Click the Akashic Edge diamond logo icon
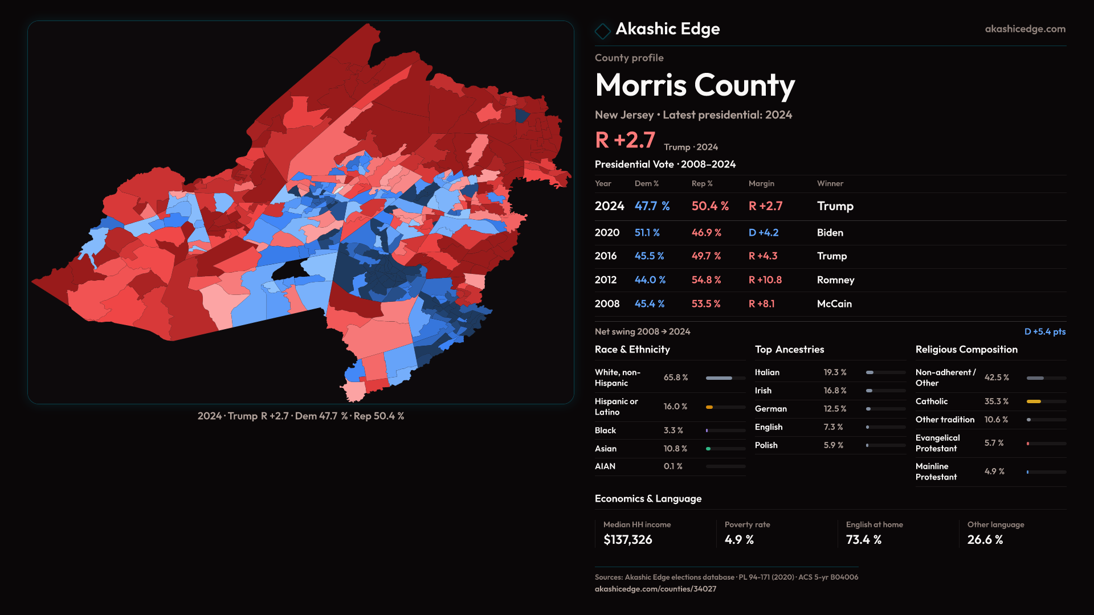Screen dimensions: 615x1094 pyautogui.click(x=602, y=30)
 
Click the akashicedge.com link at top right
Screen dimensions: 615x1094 pyautogui.click(x=1024, y=29)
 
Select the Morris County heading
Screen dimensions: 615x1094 pyautogui.click(x=695, y=85)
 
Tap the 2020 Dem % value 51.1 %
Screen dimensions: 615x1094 pyautogui.click(x=647, y=233)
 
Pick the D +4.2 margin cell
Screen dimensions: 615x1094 pyautogui.click(x=763, y=233)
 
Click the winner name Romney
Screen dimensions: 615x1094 pyautogui.click(x=835, y=280)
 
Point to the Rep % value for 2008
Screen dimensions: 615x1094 pyautogui.click(x=705, y=304)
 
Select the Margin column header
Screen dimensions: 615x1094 pyautogui.click(x=761, y=183)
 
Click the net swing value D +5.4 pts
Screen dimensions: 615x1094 pyautogui.click(x=1044, y=332)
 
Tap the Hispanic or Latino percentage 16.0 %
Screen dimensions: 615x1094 pyautogui.click(x=675, y=407)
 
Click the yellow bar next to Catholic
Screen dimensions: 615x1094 pyautogui.click(x=1034, y=401)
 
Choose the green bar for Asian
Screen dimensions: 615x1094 pyautogui.click(x=708, y=449)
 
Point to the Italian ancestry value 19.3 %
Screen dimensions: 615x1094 pyautogui.click(x=835, y=372)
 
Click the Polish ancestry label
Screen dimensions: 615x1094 pyautogui.click(x=766, y=445)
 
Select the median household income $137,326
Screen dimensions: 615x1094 pyautogui.click(x=627, y=540)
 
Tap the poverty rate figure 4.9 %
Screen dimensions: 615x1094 pyautogui.click(x=739, y=540)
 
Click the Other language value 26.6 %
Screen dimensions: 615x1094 pyautogui.click(x=985, y=540)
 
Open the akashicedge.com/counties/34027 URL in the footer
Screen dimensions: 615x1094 pyautogui.click(x=655, y=589)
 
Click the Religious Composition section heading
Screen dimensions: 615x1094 pyautogui.click(x=966, y=350)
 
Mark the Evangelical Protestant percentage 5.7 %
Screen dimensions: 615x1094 pyautogui.click(x=994, y=443)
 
